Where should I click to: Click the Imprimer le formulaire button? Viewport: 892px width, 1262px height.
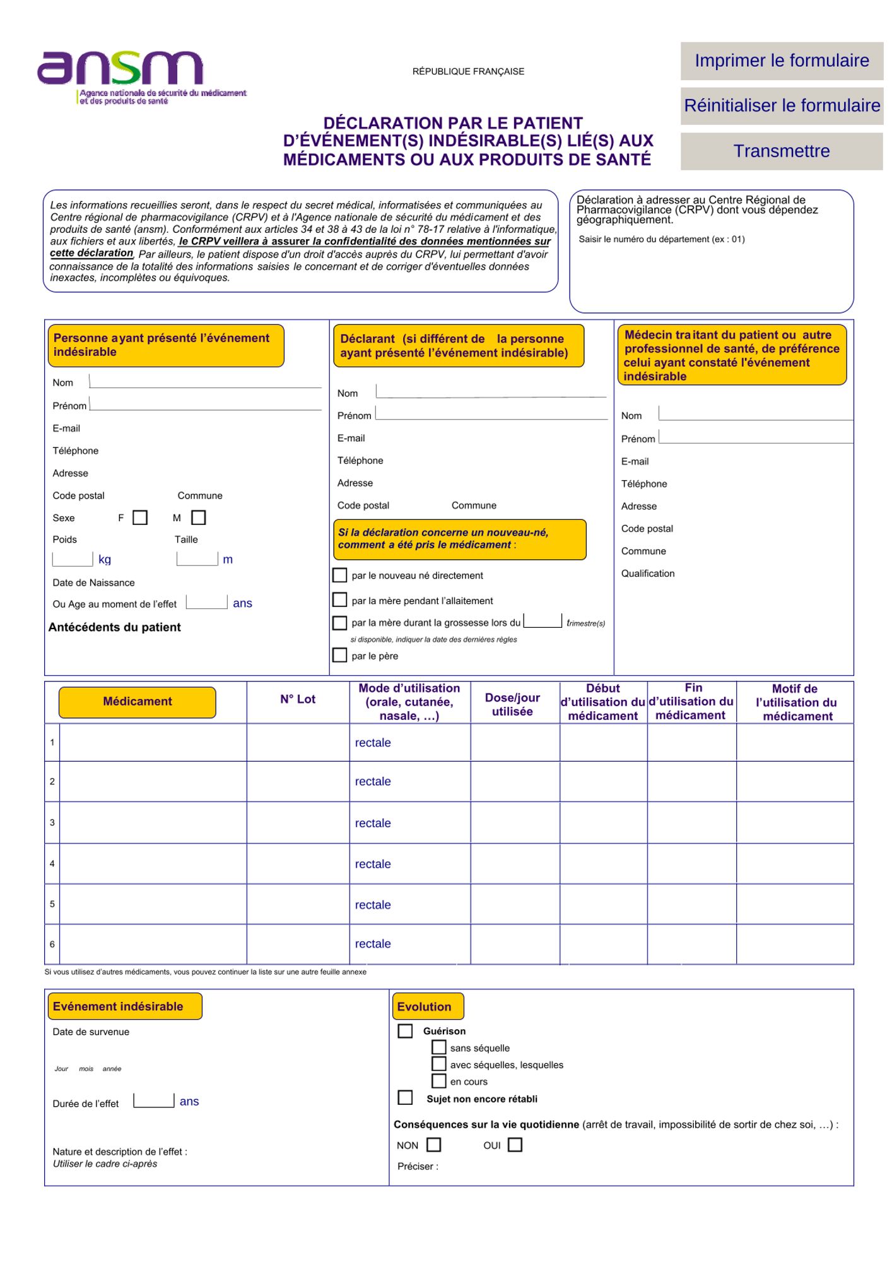781,61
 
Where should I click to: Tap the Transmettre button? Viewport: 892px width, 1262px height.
781,151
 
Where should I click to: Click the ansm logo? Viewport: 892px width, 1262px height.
120,69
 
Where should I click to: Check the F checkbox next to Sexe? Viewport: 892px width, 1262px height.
140,517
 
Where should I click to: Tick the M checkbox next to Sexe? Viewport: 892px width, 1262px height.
199,517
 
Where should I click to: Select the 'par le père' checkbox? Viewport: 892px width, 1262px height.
340,655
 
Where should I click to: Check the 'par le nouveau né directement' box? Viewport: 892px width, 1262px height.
340,575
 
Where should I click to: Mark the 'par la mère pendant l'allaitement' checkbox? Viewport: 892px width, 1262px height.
340,599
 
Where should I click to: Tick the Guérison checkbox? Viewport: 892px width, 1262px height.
406,1030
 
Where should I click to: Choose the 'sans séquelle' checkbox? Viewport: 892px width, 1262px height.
439,1047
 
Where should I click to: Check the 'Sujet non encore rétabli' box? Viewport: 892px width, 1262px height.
406,1097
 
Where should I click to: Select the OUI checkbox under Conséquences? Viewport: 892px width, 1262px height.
515,1144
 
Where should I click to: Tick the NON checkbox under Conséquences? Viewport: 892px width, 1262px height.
434,1144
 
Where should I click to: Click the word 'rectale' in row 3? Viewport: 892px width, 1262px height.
373,823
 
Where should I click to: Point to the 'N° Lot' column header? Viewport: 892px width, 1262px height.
298,699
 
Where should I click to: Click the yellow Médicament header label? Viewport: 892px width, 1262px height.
138,702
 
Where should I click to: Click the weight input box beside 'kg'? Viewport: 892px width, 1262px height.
73,559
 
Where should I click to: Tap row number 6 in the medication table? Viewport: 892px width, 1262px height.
52,944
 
